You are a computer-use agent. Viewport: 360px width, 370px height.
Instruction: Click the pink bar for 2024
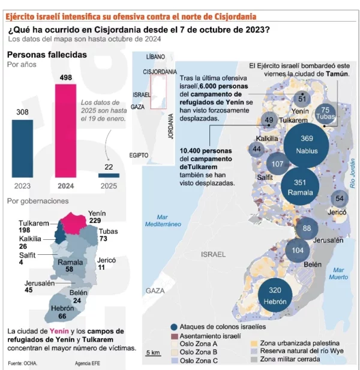pos(65,131)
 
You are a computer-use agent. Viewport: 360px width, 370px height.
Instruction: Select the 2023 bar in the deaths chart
pos(23,148)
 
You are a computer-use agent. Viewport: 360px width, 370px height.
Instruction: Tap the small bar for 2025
pos(108,175)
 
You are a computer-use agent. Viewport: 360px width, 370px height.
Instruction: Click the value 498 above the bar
pos(65,77)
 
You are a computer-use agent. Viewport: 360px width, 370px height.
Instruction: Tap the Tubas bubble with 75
pos(325,112)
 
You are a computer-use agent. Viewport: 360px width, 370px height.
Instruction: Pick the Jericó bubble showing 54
pos(340,199)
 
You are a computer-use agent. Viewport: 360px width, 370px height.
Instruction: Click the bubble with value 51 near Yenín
pos(302,99)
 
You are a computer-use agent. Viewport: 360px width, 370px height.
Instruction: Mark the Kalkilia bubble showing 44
pos(257,149)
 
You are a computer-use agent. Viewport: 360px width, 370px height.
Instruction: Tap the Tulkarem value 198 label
pos(25,230)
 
